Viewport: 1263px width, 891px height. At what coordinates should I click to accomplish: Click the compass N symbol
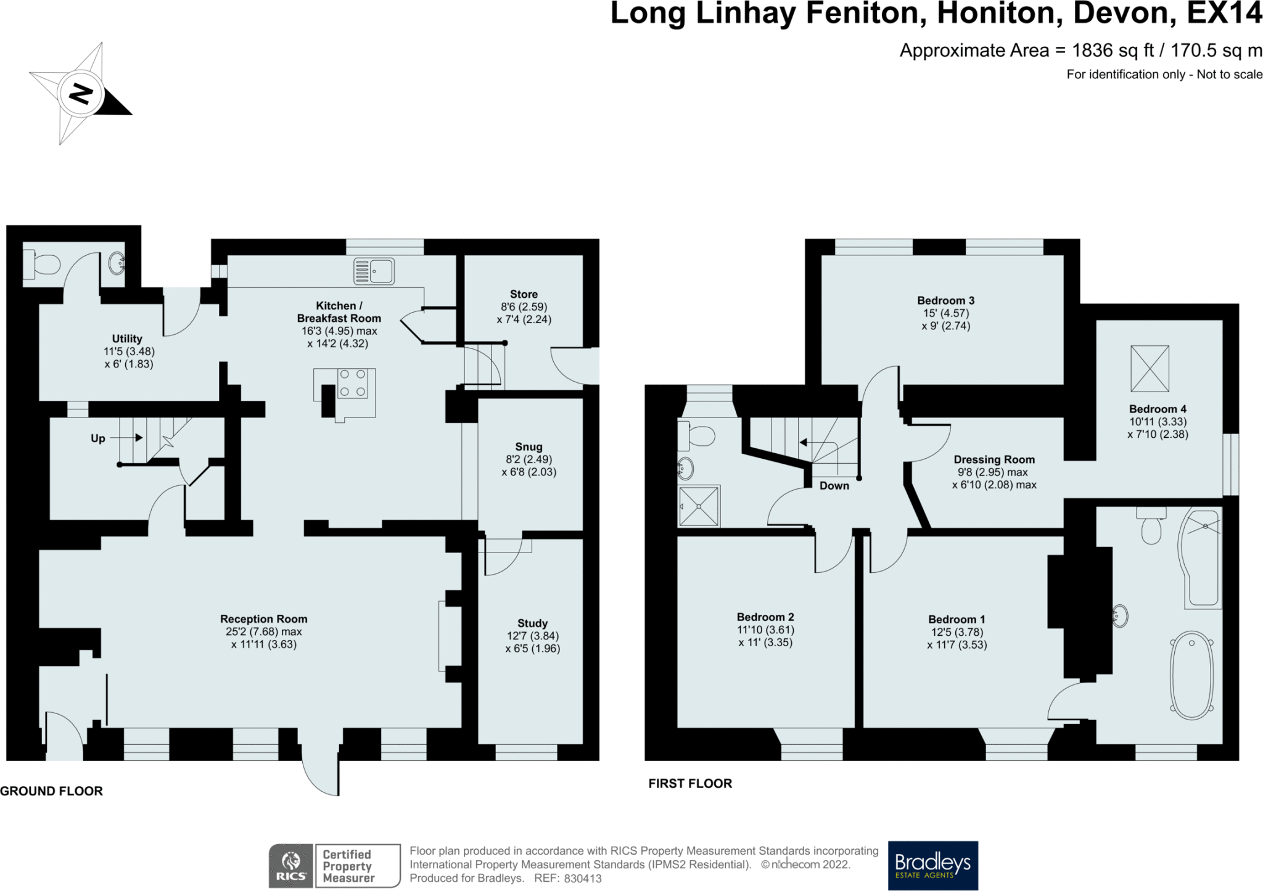tap(81, 94)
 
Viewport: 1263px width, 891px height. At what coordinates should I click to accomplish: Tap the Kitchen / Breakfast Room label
tap(339, 312)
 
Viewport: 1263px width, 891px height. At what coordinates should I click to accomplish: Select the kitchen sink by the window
tap(374, 271)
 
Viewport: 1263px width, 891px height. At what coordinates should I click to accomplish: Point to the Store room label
tap(524, 294)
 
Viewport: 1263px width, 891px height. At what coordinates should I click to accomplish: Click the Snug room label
tap(529, 446)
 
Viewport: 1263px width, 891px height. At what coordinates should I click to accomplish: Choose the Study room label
tap(532, 623)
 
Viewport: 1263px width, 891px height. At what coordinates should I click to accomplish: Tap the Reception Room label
tap(264, 619)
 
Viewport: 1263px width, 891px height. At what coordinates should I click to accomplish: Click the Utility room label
tap(127, 339)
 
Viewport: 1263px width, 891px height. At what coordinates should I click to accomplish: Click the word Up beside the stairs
tap(98, 438)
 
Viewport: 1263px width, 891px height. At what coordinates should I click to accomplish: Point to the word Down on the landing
tap(834, 486)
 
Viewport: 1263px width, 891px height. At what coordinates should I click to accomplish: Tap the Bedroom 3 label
tap(945, 301)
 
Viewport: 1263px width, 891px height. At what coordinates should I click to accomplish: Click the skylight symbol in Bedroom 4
tap(1150, 369)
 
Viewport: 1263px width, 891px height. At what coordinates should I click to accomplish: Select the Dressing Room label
tap(994, 459)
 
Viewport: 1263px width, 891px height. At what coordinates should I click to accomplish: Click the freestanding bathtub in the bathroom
tap(1192, 675)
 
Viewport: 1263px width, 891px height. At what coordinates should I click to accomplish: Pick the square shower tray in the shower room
tap(699, 506)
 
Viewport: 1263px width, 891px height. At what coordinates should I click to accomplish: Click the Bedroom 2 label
tap(765, 617)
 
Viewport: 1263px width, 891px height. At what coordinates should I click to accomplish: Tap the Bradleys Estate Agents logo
tap(932, 865)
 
